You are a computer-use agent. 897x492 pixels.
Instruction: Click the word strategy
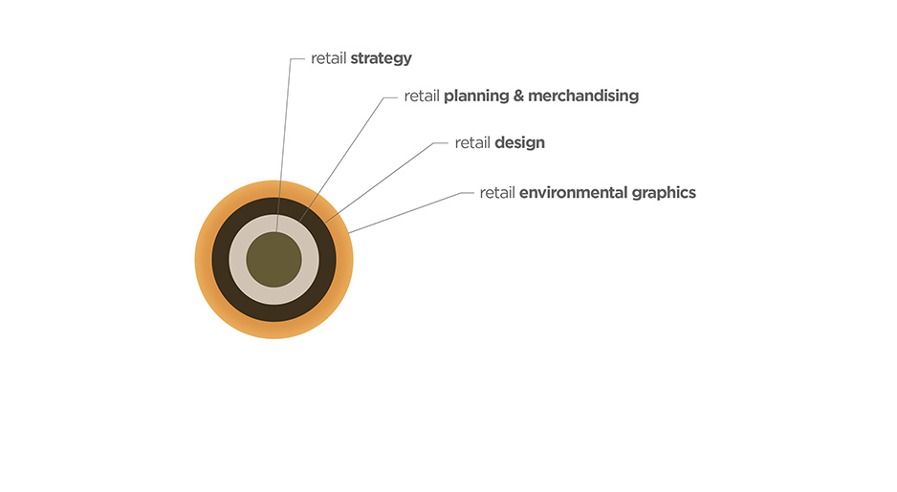(x=381, y=59)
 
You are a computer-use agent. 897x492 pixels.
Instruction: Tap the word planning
(x=476, y=96)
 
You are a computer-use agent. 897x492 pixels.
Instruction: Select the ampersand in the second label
(x=518, y=96)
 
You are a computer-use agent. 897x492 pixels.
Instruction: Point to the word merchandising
(x=583, y=96)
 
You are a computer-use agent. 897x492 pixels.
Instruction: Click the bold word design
(x=519, y=143)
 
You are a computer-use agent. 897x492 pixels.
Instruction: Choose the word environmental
(x=573, y=193)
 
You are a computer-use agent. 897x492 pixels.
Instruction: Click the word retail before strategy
(x=328, y=58)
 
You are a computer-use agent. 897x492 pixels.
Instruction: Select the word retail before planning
(x=422, y=96)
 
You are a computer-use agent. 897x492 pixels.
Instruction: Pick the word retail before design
(x=472, y=143)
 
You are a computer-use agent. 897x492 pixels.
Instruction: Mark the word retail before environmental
(x=497, y=193)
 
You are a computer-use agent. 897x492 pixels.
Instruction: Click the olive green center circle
(x=274, y=260)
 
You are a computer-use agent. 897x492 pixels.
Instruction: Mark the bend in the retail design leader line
(x=434, y=143)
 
